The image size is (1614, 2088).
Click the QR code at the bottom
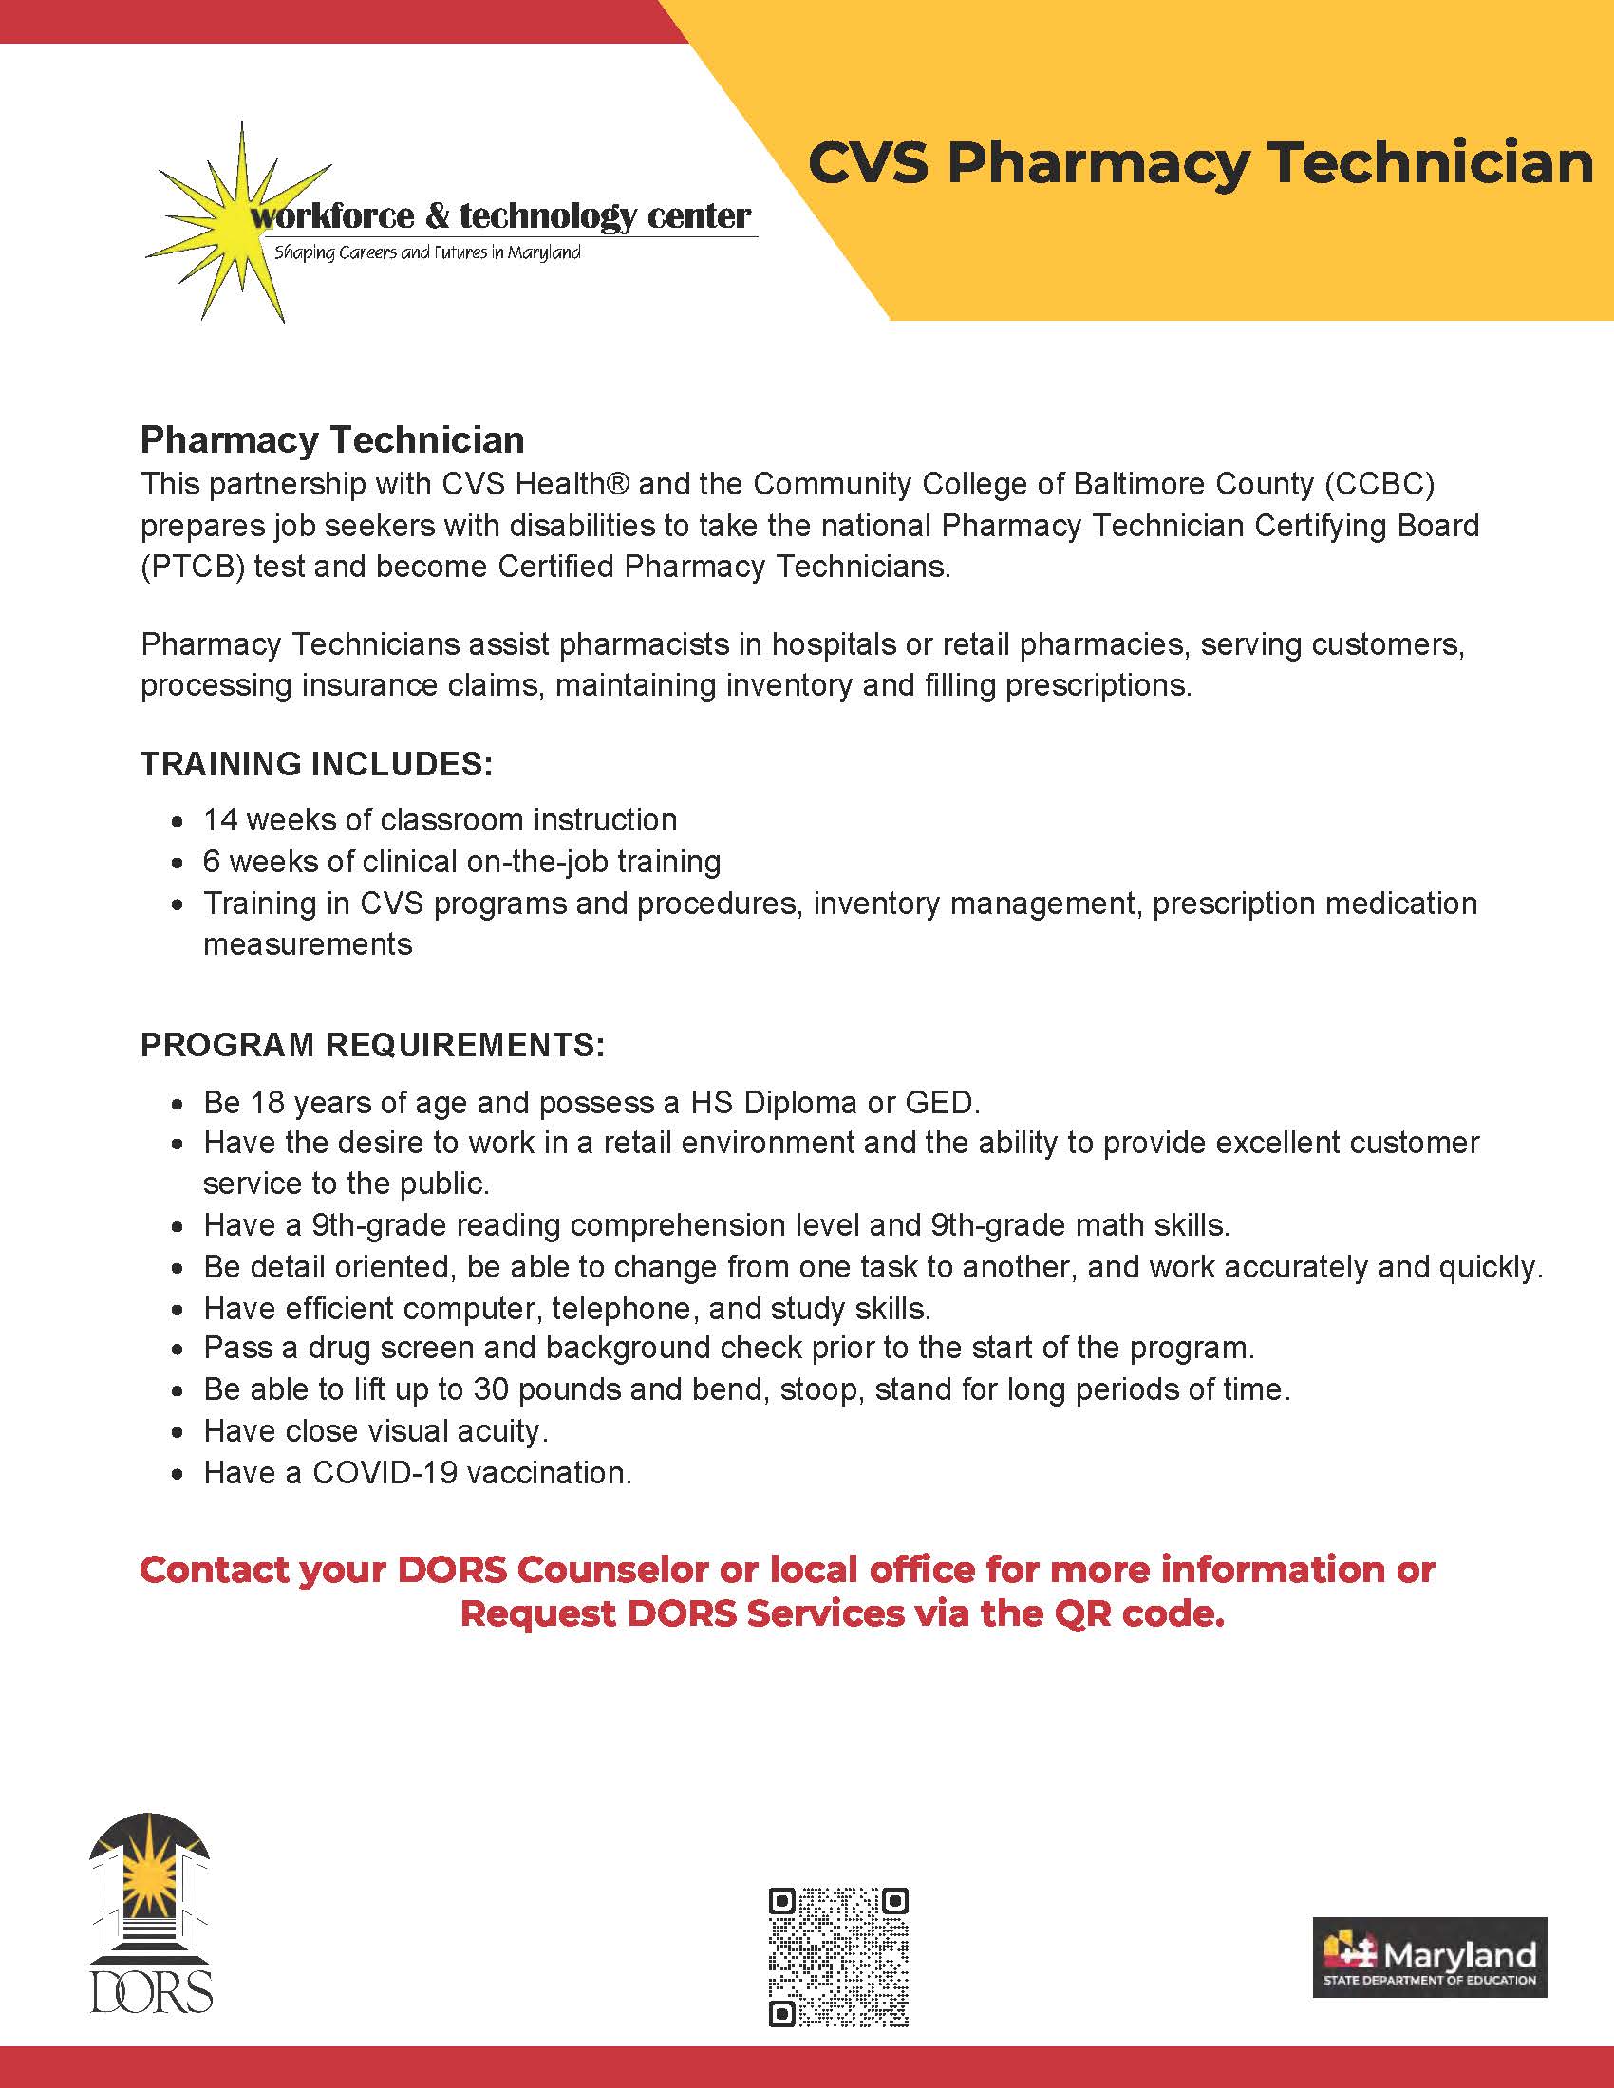837,1956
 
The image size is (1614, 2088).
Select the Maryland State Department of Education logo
1429,1957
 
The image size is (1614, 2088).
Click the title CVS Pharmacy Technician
1200,163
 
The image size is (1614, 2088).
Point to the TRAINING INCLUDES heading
316,764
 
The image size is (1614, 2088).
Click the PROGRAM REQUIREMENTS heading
372,1045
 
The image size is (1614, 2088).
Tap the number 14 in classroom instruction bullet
219,820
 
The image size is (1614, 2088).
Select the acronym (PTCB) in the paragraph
193,567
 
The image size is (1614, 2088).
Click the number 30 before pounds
491,1389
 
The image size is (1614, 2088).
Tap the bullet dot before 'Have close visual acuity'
177,1433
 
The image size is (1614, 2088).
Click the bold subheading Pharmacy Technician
331,439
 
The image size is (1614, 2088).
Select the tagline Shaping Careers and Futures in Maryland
427,253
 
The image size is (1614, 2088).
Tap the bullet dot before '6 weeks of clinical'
177,864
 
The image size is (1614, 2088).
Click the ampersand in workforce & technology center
435,215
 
